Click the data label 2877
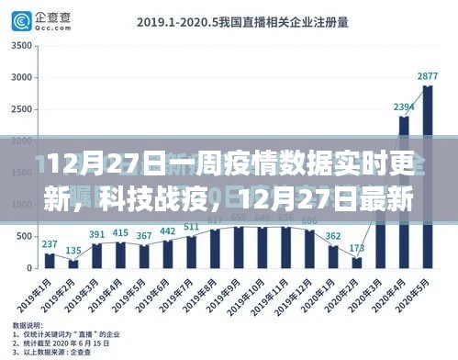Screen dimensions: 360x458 (x=427, y=76)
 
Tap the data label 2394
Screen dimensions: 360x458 (x=404, y=107)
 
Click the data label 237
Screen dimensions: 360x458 (x=50, y=244)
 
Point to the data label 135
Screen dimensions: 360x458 (x=73, y=252)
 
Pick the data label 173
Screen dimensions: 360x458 (x=357, y=249)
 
